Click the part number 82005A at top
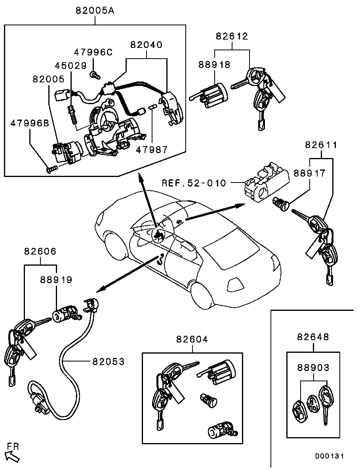(95, 11)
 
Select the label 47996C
(93, 52)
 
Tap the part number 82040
(146, 45)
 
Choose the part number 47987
(152, 150)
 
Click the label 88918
(214, 65)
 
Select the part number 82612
(232, 36)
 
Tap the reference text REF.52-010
(194, 183)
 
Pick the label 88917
(309, 173)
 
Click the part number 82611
(321, 145)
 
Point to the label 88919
(56, 280)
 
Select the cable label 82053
(108, 361)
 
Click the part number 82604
(192, 339)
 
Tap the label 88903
(313, 368)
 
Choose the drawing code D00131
(330, 456)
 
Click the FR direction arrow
(13, 457)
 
